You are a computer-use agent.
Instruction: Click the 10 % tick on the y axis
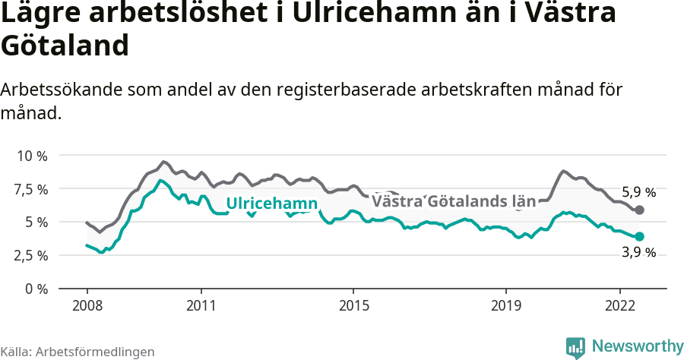click(32, 156)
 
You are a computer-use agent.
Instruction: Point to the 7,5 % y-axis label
click(32, 189)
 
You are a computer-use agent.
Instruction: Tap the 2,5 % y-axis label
click(32, 256)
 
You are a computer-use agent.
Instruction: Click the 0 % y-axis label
click(37, 289)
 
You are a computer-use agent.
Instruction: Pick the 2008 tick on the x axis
click(87, 305)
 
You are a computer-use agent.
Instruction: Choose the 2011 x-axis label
click(201, 305)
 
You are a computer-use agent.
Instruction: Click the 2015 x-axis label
click(353, 305)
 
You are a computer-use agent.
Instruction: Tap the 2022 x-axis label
click(620, 305)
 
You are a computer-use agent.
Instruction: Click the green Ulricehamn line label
click(271, 204)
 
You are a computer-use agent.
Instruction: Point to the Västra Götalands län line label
click(454, 202)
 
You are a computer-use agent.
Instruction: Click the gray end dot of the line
click(640, 210)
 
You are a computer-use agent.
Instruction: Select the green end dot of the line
click(640, 237)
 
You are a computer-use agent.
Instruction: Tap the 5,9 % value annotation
click(638, 192)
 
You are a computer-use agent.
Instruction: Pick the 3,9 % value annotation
click(638, 253)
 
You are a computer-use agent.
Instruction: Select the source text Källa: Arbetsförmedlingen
click(78, 352)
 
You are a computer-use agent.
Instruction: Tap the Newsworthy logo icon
click(576, 347)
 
